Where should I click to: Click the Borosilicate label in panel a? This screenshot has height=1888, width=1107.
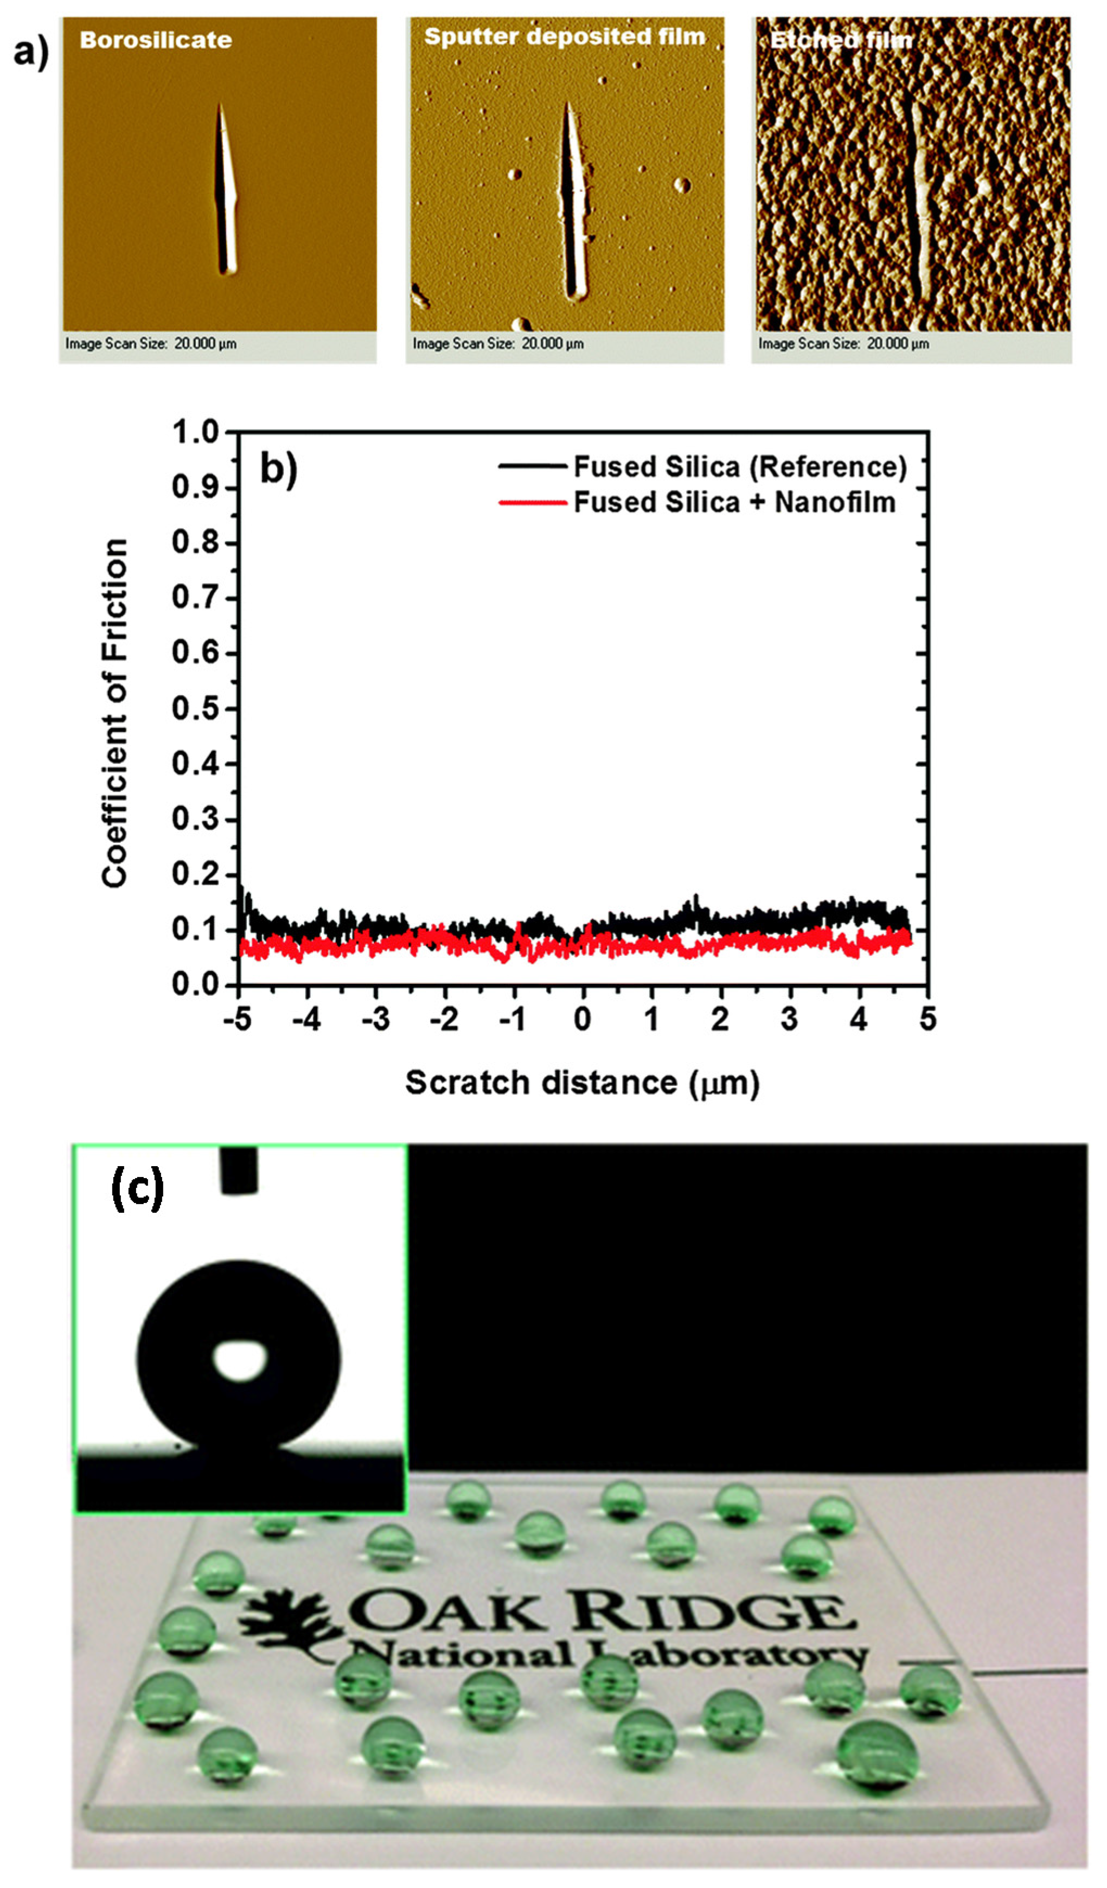(155, 40)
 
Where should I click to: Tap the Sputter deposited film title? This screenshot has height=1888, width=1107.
(565, 37)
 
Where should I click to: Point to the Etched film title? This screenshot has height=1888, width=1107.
(841, 40)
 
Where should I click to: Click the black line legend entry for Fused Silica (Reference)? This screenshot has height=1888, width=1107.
(702, 467)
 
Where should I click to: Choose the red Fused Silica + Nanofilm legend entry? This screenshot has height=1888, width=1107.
(696, 502)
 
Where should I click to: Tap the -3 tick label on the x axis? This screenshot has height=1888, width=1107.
(376, 1019)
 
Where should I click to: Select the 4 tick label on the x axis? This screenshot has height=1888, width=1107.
(859, 1019)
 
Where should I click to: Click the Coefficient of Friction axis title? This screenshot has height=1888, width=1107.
(114, 713)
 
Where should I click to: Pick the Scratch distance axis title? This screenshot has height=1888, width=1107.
(582, 1083)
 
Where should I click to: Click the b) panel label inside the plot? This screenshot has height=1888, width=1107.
(278, 469)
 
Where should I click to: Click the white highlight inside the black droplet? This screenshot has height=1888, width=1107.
(239, 1360)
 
